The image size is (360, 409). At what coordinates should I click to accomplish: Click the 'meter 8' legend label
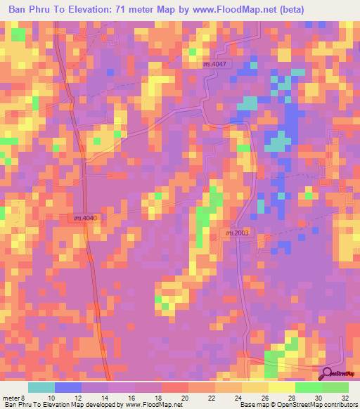pyautogui.click(x=14, y=398)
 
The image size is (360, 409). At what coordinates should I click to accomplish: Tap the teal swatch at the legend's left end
pyautogui.click(x=41, y=387)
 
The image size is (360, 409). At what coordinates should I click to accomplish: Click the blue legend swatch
pyautogui.click(x=67, y=387)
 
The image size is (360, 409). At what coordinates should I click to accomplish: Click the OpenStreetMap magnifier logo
pyautogui.click(x=327, y=374)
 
